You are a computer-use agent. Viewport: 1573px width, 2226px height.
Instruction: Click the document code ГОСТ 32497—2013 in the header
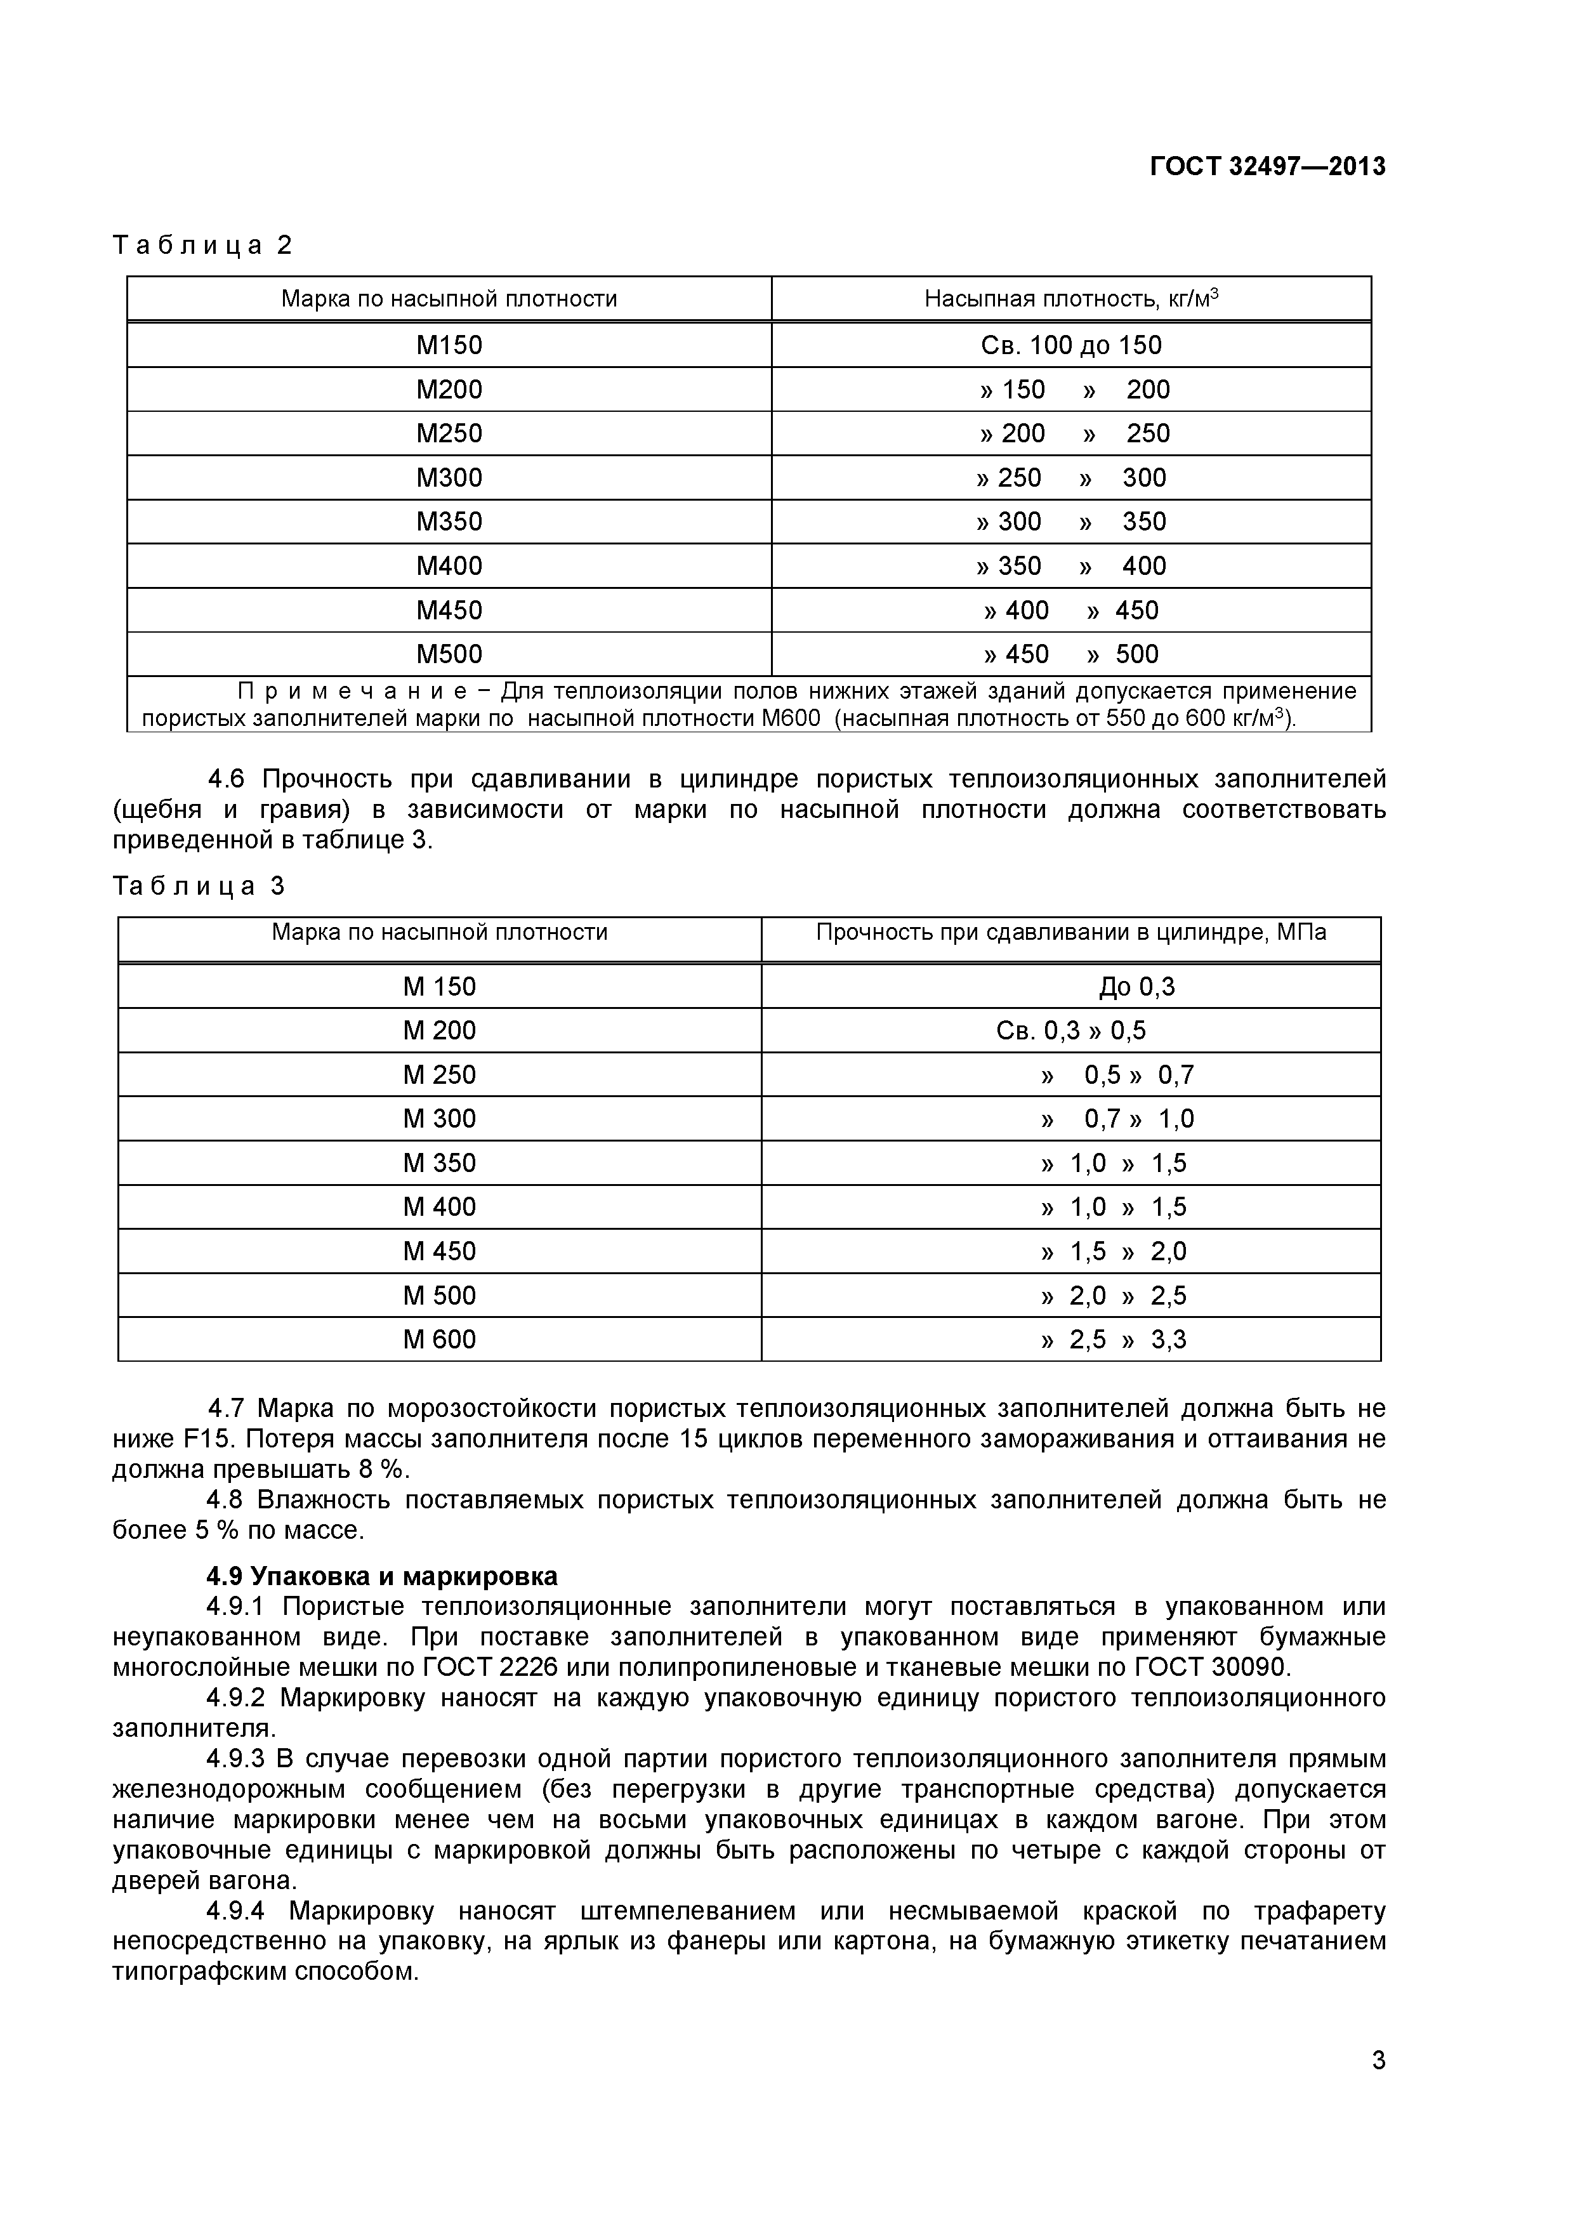tap(1267, 167)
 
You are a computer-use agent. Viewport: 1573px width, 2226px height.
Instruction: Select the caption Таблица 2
tap(202, 246)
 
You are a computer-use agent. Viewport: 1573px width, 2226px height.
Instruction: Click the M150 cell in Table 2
tap(449, 345)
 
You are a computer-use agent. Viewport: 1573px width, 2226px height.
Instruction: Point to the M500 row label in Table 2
tap(449, 654)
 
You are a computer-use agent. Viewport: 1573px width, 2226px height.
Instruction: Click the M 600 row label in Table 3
tap(439, 1340)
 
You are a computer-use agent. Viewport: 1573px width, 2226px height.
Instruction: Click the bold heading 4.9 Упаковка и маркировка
tap(382, 1576)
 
